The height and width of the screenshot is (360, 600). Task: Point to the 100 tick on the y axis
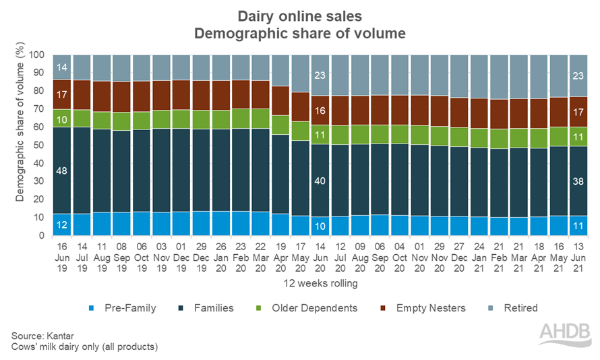point(38,55)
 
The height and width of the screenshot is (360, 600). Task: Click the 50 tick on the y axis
point(40,146)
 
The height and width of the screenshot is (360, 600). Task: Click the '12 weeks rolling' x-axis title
point(320,284)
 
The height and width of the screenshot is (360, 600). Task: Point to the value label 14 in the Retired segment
point(61,67)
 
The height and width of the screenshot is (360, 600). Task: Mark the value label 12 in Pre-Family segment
point(61,225)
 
